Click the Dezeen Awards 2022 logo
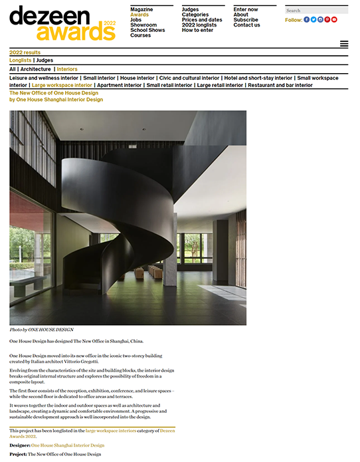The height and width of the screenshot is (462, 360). [62, 23]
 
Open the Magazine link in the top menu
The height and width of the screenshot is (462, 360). [141, 9]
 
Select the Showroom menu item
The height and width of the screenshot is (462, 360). [143, 25]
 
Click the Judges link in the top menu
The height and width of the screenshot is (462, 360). [190, 9]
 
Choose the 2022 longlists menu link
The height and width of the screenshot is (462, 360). [199, 25]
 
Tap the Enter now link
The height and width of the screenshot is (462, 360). [246, 9]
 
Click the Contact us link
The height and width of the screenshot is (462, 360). [247, 25]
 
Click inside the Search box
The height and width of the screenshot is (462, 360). [316, 11]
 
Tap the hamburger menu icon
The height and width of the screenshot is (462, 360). [344, 44]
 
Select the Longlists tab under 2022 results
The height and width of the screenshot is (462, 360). [21, 60]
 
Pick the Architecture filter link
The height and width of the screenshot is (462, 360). [35, 69]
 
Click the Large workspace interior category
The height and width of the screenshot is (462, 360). [62, 85]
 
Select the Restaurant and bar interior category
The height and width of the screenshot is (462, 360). [280, 85]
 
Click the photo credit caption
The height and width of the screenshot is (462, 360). [41, 330]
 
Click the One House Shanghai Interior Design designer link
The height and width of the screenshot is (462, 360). [68, 445]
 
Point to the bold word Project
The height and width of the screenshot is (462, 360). [18, 454]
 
